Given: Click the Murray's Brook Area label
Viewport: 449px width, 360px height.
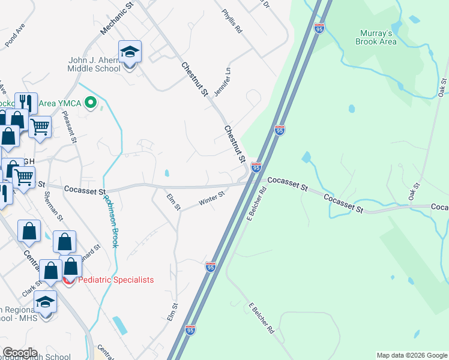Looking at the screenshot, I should click(377, 37).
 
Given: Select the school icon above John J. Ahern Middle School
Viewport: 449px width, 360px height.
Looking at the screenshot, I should click(129, 52).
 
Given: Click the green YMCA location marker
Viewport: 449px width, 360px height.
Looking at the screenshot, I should click(91, 103).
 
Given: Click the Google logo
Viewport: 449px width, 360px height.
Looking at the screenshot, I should click(20, 353).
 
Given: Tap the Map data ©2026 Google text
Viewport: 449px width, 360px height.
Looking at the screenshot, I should click(411, 355).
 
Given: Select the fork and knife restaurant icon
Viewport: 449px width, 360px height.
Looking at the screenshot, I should click(26, 103).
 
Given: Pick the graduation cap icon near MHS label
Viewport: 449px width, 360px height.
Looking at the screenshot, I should click(45, 301).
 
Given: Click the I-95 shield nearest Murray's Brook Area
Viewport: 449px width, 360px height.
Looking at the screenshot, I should click(319, 27).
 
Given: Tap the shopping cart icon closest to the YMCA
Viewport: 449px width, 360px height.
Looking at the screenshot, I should click(40, 127).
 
